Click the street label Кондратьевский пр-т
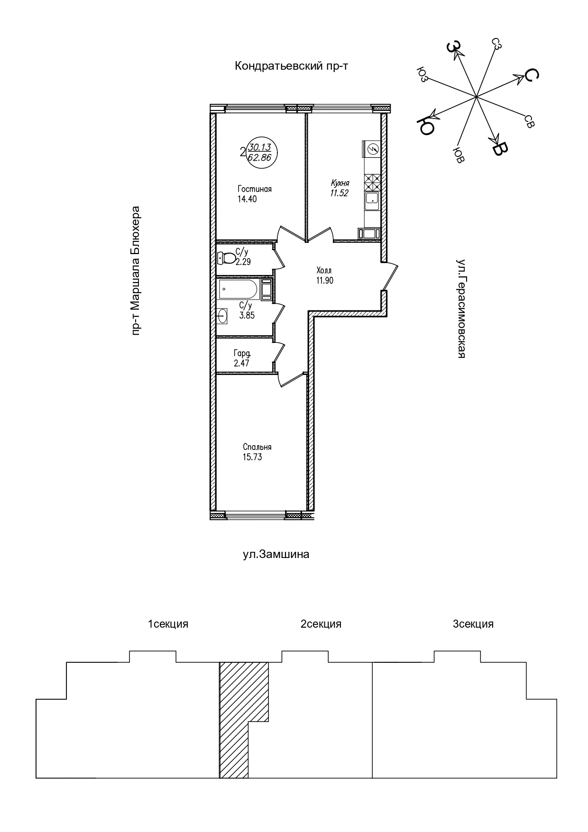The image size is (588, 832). [x=292, y=66]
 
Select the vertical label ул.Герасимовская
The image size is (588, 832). [x=460, y=308]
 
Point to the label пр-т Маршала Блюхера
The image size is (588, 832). [x=136, y=271]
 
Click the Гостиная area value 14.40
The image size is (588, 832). [x=247, y=199]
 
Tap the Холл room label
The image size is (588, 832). [x=324, y=270]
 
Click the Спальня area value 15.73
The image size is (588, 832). [x=252, y=457]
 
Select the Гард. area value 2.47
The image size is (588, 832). [x=241, y=364]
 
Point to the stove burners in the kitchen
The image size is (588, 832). [x=372, y=182]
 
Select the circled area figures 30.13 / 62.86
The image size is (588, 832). [x=260, y=153]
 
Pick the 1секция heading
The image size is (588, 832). [x=168, y=624]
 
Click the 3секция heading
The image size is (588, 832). [x=473, y=624]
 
